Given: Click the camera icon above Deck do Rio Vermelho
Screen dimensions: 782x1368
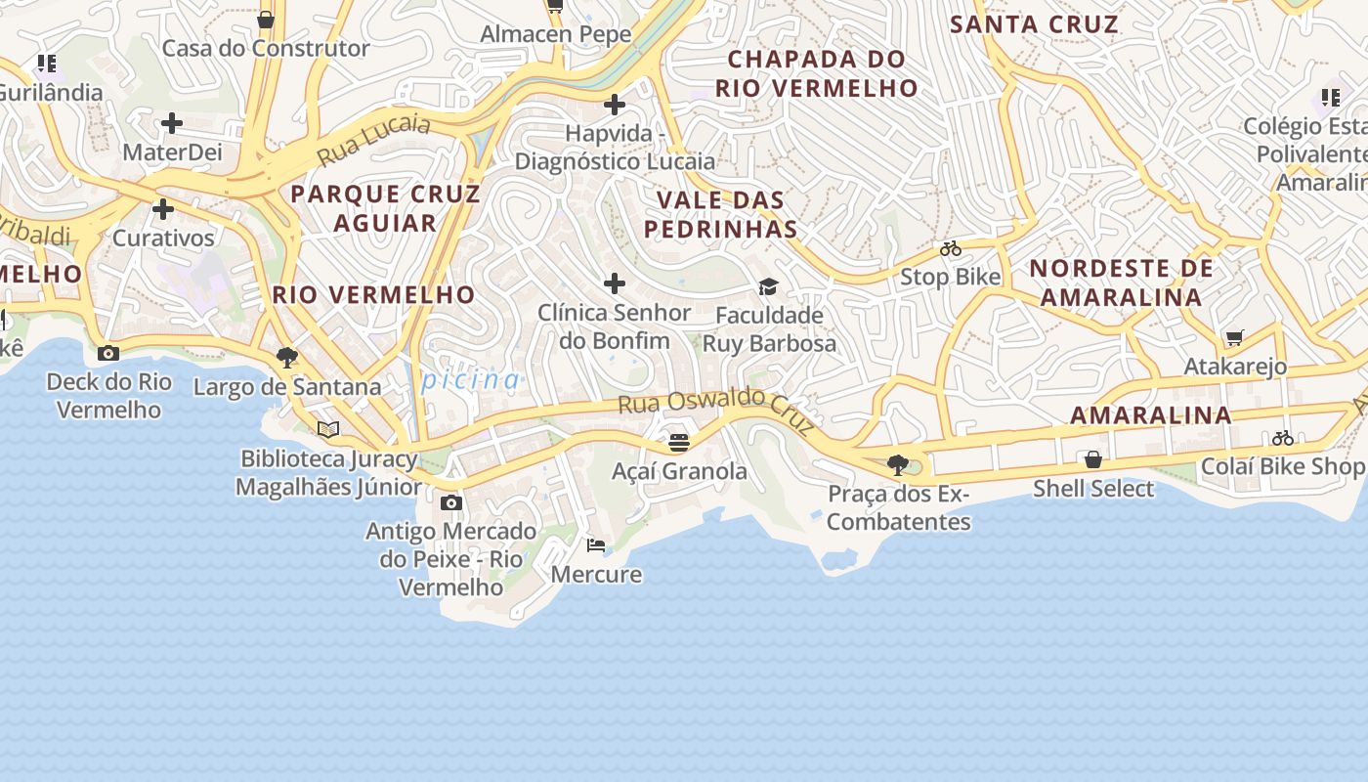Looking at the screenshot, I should click(108, 354).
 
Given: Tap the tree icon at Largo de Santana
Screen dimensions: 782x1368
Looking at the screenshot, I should click(286, 358).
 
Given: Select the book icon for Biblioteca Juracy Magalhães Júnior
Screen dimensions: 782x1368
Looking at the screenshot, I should click(328, 429).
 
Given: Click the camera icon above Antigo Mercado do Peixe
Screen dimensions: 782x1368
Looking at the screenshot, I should click(450, 503).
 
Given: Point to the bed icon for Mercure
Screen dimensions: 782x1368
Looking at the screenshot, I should click(595, 545).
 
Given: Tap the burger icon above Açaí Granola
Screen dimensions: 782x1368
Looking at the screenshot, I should click(678, 443).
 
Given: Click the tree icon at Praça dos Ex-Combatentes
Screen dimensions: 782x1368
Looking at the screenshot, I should click(897, 465).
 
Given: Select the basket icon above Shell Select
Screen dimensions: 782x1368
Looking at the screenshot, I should click(1093, 459).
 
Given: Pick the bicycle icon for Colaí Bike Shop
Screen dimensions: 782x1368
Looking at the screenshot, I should click(1283, 438).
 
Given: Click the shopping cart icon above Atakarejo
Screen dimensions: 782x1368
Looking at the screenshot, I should click(1234, 338).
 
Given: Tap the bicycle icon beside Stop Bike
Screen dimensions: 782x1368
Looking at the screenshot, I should click(950, 249).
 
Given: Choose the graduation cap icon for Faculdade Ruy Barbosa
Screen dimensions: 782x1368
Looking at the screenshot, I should click(768, 287).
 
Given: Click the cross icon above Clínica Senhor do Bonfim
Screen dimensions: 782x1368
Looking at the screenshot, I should click(615, 283).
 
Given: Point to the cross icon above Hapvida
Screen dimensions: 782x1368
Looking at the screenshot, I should click(615, 104).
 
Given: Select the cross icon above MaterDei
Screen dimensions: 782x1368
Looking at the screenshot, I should click(172, 123).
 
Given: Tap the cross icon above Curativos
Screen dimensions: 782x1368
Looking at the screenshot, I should click(163, 209).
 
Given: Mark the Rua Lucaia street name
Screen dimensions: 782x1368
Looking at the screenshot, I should click(373, 140).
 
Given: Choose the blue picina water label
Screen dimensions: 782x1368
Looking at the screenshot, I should click(471, 379).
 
